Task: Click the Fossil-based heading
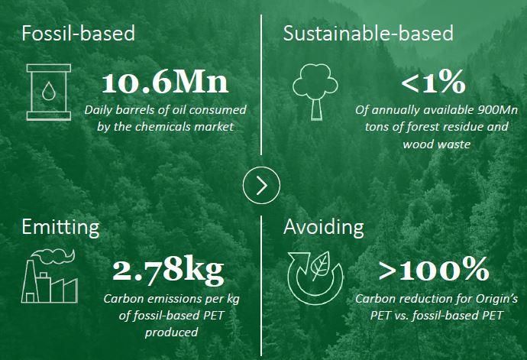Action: pyautogui.click(x=79, y=33)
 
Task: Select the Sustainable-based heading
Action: pyautogui.click(x=368, y=33)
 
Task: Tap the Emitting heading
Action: pyautogui.click(x=60, y=227)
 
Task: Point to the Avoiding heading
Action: pyautogui.click(x=323, y=227)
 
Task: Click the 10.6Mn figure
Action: pyautogui.click(x=165, y=83)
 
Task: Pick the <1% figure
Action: pyautogui.click(x=433, y=82)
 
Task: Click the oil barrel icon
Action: pyautogui.click(x=49, y=92)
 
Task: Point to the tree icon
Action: pyautogui.click(x=315, y=92)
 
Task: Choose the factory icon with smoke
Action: pyautogui.click(x=50, y=276)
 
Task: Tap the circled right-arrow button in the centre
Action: pyautogui.click(x=261, y=185)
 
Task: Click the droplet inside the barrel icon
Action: pyautogui.click(x=48, y=91)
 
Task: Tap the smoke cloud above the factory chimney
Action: pyautogui.click(x=53, y=255)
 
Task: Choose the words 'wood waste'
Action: pyautogui.click(x=436, y=144)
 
